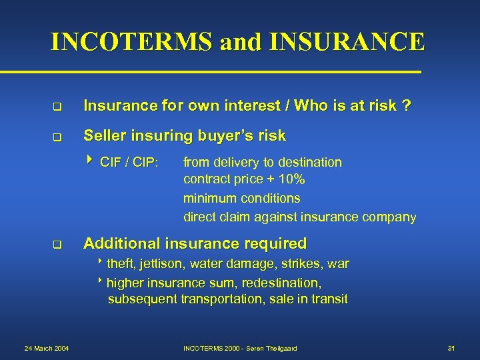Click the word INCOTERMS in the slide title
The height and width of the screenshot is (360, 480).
(x=131, y=42)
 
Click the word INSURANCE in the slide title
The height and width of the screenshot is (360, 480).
(x=347, y=42)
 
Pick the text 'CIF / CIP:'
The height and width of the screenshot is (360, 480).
(x=128, y=162)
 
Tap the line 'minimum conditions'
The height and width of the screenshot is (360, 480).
(x=241, y=198)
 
